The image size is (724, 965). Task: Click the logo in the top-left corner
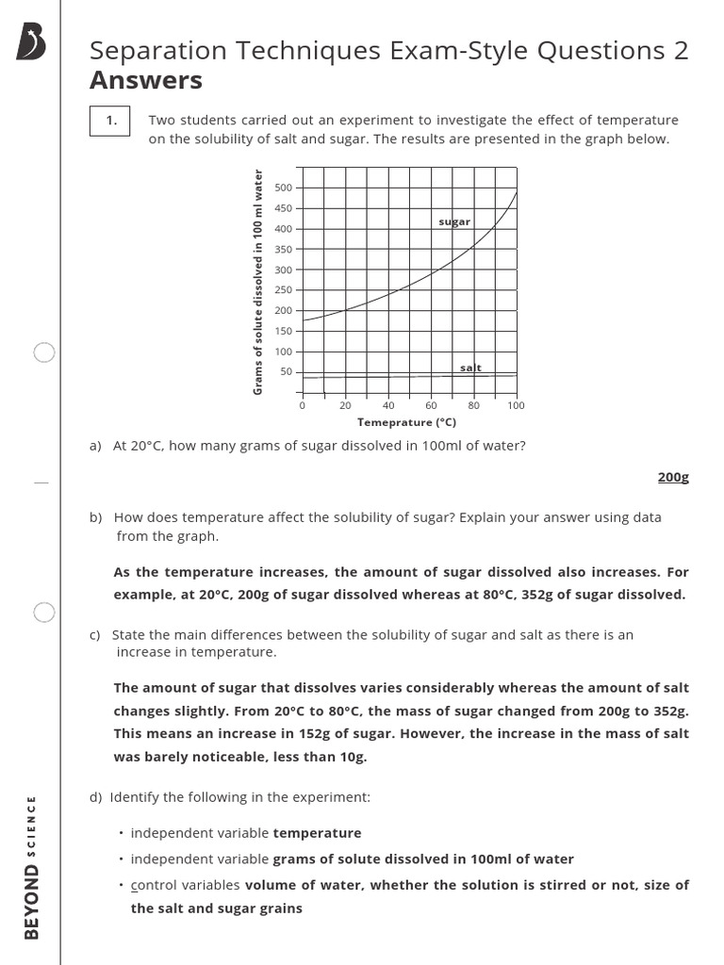point(31,43)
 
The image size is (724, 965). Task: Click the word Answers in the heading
point(145,81)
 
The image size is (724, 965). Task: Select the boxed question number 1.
point(111,120)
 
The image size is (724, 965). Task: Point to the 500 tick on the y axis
point(283,188)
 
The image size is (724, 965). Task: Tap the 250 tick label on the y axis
point(283,290)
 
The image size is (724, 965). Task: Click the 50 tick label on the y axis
point(286,371)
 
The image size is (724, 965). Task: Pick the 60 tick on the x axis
point(431,405)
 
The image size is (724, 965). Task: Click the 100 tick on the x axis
point(516,405)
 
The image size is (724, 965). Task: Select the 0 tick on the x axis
point(302,405)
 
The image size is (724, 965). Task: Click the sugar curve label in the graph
point(453,221)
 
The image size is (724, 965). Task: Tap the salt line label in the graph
point(470,368)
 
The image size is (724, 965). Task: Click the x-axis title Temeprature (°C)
point(408,422)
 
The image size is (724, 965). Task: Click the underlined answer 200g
point(673,477)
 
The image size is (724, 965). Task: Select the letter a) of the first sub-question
point(95,446)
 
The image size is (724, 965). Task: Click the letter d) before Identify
point(96,797)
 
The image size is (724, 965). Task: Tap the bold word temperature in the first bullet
point(317,833)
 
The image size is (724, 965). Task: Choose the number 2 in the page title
point(680,51)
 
